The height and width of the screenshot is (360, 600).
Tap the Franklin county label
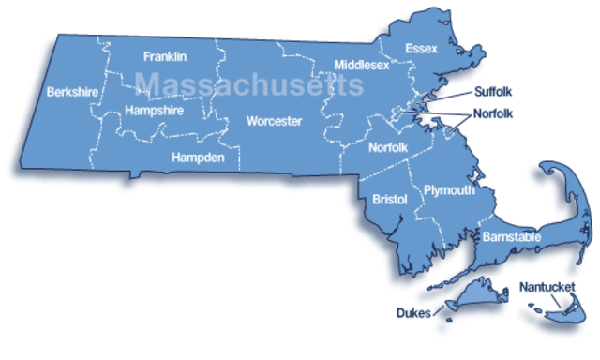[165, 56]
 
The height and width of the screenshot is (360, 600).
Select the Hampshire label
[154, 110]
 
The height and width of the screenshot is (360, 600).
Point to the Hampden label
[198, 157]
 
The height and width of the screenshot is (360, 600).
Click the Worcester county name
[274, 121]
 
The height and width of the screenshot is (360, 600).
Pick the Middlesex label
[360, 65]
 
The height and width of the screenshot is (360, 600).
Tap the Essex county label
[422, 49]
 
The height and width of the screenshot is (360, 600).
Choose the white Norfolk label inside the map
[387, 147]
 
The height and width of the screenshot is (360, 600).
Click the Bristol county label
[389, 200]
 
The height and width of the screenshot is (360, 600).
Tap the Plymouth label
[449, 190]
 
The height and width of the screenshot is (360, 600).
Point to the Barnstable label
[511, 238]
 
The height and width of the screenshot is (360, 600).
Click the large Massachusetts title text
[248, 84]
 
